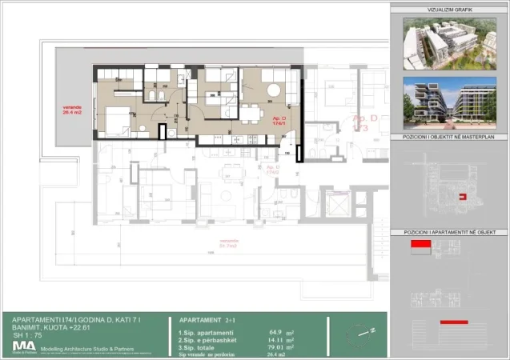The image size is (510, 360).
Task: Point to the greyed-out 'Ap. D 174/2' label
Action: pos(272,170)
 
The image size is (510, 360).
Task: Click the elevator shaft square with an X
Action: pos(332,203)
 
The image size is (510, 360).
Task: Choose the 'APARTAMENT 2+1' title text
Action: pos(203,318)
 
